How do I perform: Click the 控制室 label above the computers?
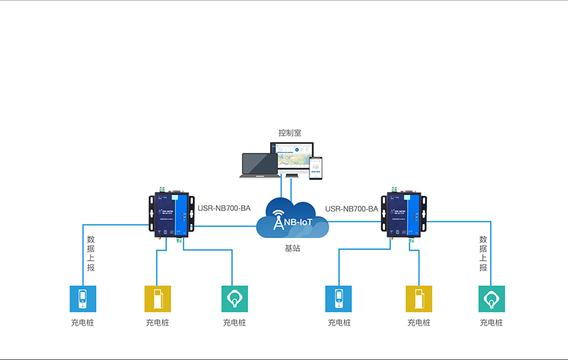290,133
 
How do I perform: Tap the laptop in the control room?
259,165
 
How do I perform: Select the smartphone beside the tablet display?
316,167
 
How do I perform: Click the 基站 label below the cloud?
292,248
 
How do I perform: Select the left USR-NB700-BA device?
170,215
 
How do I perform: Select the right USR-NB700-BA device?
404,215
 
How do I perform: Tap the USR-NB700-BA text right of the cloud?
352,209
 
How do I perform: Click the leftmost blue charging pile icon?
83,299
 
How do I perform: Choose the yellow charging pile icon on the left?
157,299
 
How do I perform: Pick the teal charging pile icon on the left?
235,299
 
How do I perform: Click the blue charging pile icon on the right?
338,299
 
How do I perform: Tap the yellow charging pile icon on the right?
418,299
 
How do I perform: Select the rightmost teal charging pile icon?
491,299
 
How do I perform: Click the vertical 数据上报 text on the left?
91,253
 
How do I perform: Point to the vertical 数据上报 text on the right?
483,253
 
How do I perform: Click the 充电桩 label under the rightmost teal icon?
491,323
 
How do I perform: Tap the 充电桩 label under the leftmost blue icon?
83,323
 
